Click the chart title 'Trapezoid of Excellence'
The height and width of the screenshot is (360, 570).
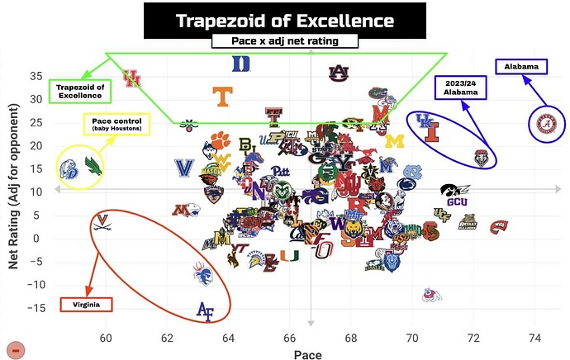coord(284,19)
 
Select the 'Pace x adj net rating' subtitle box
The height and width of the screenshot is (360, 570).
coord(284,40)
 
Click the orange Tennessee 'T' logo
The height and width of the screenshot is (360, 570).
coord(221,96)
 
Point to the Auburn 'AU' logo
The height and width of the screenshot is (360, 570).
coord(337,72)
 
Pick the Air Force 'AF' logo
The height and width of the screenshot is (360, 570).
coord(205,310)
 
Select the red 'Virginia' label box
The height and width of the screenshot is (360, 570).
coord(86,304)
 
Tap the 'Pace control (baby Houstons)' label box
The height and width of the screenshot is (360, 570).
coord(116,126)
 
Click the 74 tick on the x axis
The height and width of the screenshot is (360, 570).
coord(534,337)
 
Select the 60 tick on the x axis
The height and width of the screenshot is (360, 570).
coord(105,337)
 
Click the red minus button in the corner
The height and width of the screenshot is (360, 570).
coord(16,349)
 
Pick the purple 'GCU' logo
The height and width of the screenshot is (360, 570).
coord(456,201)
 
